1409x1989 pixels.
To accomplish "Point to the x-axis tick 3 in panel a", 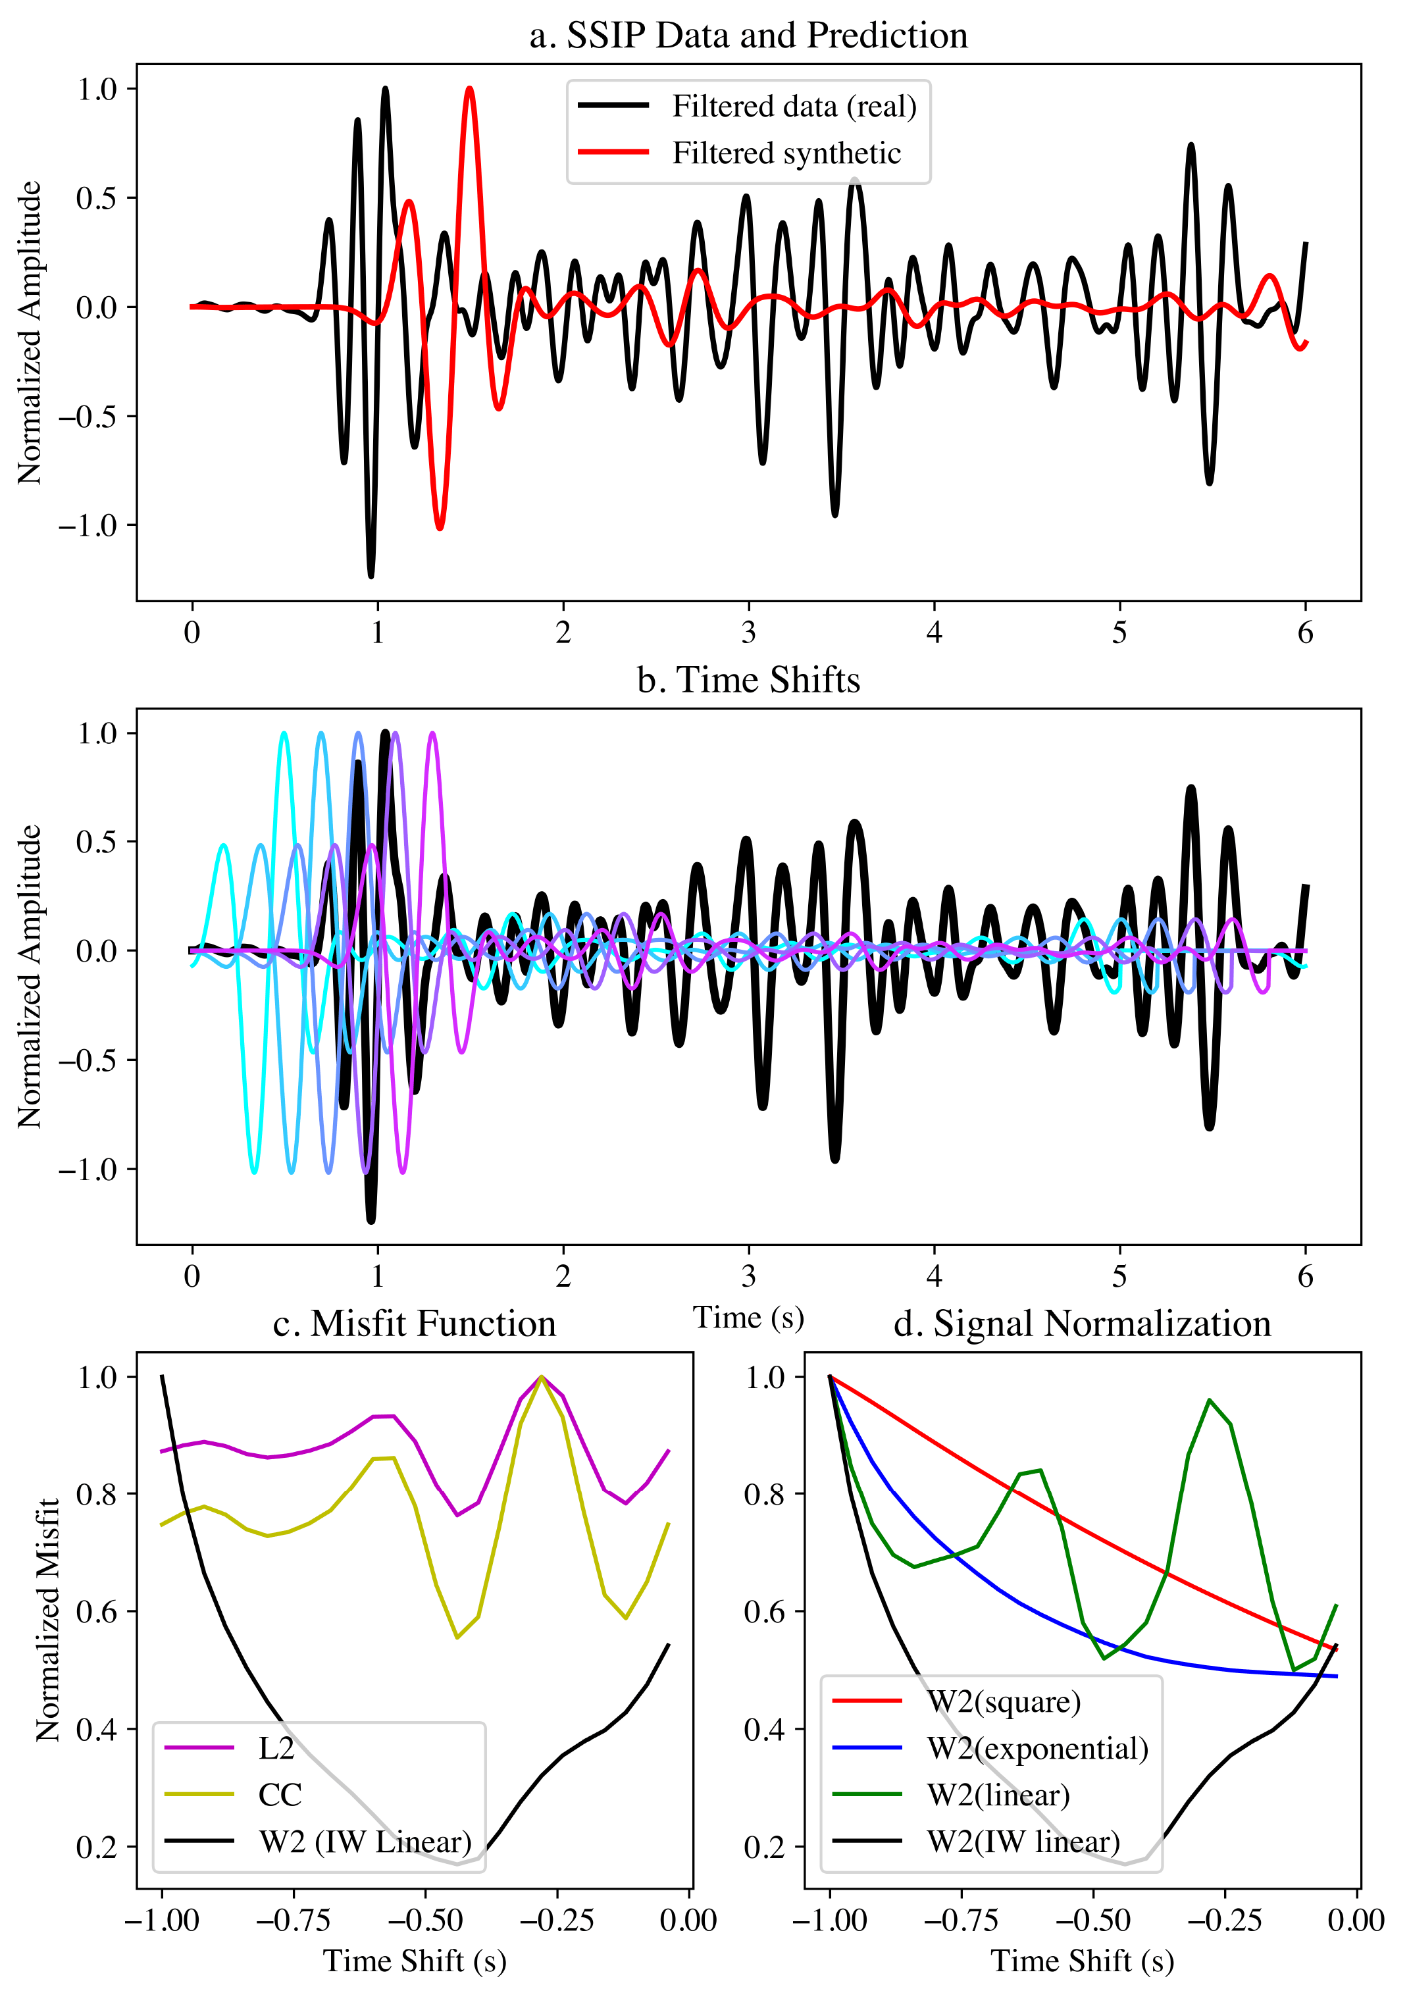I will [749, 633].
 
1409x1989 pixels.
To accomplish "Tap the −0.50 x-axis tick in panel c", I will [425, 1921].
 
